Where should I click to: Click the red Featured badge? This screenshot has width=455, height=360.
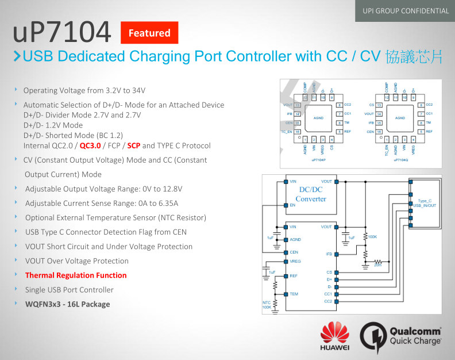tap(149, 33)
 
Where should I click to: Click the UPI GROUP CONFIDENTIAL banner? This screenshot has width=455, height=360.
tap(405, 10)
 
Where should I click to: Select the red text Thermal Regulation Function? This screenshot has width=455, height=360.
tap(76, 275)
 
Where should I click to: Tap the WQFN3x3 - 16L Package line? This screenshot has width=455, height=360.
tap(67, 304)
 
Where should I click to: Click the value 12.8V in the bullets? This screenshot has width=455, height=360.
tap(169, 189)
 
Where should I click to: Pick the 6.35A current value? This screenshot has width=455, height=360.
tap(166, 203)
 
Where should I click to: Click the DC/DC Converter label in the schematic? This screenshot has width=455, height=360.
tap(311, 194)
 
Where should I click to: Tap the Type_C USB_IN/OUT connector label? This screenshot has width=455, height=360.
tap(425, 203)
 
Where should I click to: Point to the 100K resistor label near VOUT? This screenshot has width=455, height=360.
tap(372, 236)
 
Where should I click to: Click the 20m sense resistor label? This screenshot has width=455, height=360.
tap(377, 265)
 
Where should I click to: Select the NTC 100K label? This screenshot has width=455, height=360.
tap(267, 305)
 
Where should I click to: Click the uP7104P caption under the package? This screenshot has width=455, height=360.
tap(318, 160)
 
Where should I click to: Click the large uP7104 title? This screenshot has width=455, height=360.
tap(61, 33)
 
